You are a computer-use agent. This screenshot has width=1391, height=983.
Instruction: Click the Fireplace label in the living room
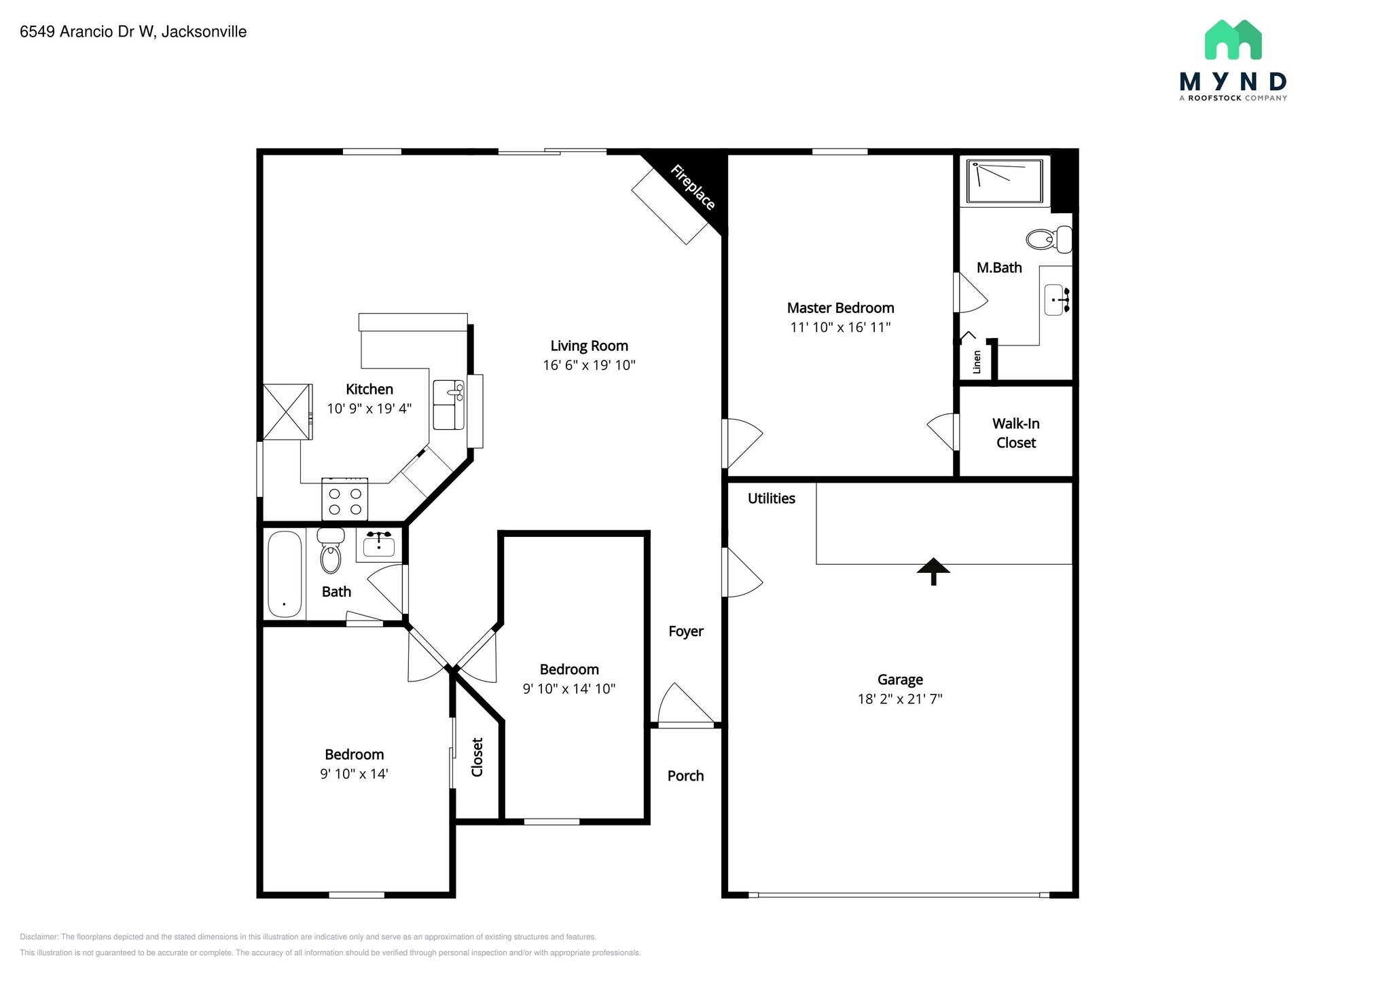(692, 188)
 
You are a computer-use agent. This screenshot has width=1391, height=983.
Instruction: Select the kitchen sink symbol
(449, 405)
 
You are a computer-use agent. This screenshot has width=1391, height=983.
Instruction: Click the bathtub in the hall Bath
(285, 574)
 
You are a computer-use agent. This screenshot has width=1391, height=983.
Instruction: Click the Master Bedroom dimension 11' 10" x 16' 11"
(840, 327)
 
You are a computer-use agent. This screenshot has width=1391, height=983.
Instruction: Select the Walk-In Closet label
(1015, 433)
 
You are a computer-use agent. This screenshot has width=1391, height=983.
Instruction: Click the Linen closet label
(977, 362)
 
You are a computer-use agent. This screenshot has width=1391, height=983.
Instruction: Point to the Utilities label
(771, 498)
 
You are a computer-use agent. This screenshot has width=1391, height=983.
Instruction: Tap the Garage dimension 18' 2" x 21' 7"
(900, 699)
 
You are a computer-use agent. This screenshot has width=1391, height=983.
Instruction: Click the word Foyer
(685, 631)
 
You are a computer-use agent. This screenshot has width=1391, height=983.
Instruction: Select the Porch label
(685, 776)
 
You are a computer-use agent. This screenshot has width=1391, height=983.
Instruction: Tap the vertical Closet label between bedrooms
(477, 757)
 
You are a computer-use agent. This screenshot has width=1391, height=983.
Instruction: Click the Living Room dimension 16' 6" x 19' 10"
(589, 365)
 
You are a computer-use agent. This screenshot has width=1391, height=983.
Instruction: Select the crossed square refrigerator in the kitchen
(287, 412)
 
